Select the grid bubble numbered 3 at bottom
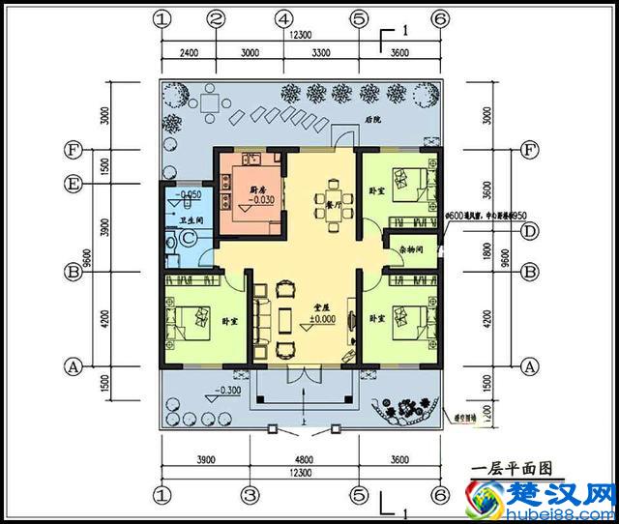click(250, 494)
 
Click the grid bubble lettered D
click(529, 231)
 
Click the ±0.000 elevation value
click(322, 318)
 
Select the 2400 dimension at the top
click(188, 52)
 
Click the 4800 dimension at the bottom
click(304, 458)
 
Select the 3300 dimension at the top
click(320, 52)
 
